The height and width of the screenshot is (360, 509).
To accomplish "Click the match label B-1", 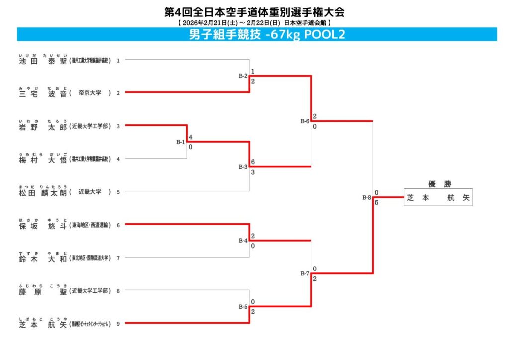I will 181,142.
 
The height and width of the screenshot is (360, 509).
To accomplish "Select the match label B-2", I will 243,76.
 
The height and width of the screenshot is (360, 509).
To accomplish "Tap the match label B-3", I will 243,167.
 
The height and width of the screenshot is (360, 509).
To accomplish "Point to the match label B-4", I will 243,241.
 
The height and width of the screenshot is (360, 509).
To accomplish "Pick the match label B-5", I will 243,307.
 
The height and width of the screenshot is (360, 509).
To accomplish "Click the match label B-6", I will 305,121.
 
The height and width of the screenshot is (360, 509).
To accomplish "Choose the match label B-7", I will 305,274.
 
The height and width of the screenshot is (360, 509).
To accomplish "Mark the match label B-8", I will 367,198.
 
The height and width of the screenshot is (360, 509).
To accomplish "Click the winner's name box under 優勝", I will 437,197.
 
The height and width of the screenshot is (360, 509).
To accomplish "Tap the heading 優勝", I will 437,184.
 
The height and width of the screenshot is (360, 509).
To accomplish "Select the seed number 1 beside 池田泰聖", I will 118,60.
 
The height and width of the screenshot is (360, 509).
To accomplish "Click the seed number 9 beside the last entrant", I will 118,324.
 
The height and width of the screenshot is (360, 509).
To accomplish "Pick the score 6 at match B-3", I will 253,162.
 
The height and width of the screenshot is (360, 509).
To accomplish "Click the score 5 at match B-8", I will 377,202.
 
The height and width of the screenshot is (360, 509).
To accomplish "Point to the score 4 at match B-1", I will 191,137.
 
